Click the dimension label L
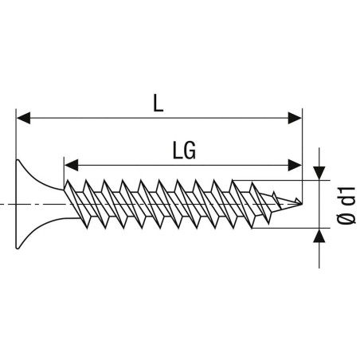coord(158,104)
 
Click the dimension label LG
coord(184,151)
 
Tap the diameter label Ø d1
coord(346,205)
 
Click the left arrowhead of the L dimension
coord(23,118)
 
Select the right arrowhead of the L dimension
coord(295,118)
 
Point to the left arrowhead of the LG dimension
coord(71,165)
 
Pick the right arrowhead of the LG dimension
coord(295,165)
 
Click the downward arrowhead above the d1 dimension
coord(319,173)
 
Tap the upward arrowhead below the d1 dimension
coord(319,236)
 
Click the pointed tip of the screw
coord(302,204)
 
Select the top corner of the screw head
coord(18,160)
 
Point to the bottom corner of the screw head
coord(18,248)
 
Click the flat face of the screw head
coord(16,204)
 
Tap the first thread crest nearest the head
coord(68,181)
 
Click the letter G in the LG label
coord(190,151)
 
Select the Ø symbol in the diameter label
coord(346,218)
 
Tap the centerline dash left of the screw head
coord(5,204)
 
